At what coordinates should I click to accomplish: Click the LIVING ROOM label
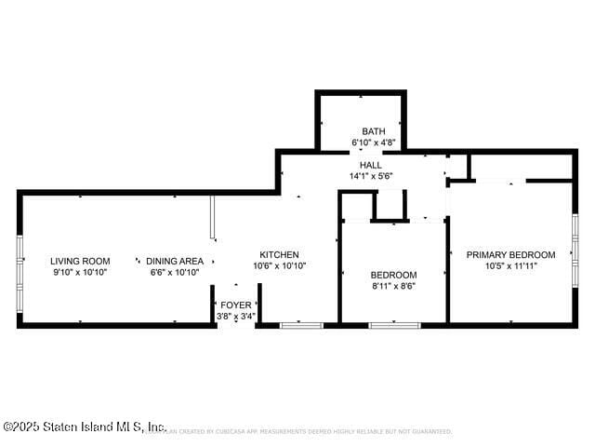80,261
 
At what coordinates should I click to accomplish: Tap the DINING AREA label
175,261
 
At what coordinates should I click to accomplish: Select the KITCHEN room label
279,254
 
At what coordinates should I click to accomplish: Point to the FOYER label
235,305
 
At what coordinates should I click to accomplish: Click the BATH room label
374,131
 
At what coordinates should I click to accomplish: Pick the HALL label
371,165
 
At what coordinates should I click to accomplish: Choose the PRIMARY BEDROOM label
510,254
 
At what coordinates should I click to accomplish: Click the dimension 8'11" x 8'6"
393,286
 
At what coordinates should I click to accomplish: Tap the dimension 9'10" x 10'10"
80,272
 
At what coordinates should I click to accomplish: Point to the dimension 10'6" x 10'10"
279,265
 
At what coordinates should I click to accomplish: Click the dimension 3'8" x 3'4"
235,316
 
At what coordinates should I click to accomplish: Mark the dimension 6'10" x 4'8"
374,142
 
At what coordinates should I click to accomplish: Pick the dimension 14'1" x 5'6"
371,176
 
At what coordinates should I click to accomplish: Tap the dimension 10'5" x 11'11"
510,265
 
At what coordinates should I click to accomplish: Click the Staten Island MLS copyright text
85,427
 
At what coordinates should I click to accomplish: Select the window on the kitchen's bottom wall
301,325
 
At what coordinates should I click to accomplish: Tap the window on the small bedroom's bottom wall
393,325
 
